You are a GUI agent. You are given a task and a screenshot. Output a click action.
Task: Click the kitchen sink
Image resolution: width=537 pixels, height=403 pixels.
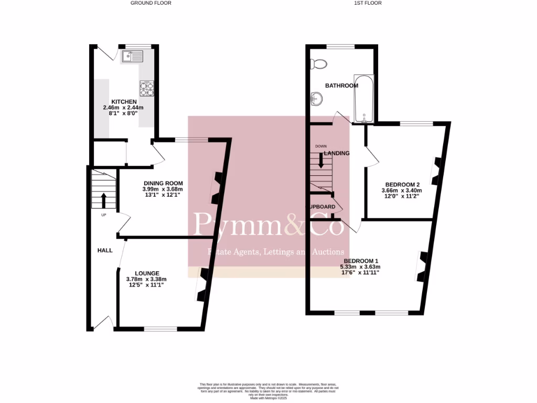click(129, 55)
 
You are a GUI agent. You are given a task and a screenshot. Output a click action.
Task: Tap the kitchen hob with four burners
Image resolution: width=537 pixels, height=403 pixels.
click(146, 88)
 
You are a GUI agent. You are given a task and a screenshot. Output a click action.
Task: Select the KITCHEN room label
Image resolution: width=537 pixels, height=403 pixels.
click(124, 101)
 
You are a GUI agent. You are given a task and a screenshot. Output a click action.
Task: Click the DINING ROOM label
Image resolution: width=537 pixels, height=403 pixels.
click(162, 183)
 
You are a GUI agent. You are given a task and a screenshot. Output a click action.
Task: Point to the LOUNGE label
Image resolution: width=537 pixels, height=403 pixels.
click(147, 273)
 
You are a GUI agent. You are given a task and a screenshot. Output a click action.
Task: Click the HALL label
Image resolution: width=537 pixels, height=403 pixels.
click(105, 250)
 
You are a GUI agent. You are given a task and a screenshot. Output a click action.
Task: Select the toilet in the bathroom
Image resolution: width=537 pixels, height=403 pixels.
click(318, 64)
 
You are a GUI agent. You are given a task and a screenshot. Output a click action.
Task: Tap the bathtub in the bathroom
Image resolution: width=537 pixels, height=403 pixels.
click(363, 98)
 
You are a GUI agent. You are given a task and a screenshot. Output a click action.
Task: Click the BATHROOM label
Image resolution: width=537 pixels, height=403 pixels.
click(341, 86)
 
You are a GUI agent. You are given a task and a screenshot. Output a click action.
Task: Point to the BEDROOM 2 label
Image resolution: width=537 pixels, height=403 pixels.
click(402, 184)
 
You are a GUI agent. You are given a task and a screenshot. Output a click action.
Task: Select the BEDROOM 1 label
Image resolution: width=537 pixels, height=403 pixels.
click(361, 261)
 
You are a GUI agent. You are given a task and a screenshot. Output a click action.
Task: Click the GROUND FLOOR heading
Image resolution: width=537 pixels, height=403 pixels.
click(151, 3)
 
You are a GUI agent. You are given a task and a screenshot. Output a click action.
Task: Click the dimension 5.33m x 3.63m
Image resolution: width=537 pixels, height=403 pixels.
click(359, 267)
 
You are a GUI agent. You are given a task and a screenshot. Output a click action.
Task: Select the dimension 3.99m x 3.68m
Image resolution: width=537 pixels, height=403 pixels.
click(162, 189)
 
